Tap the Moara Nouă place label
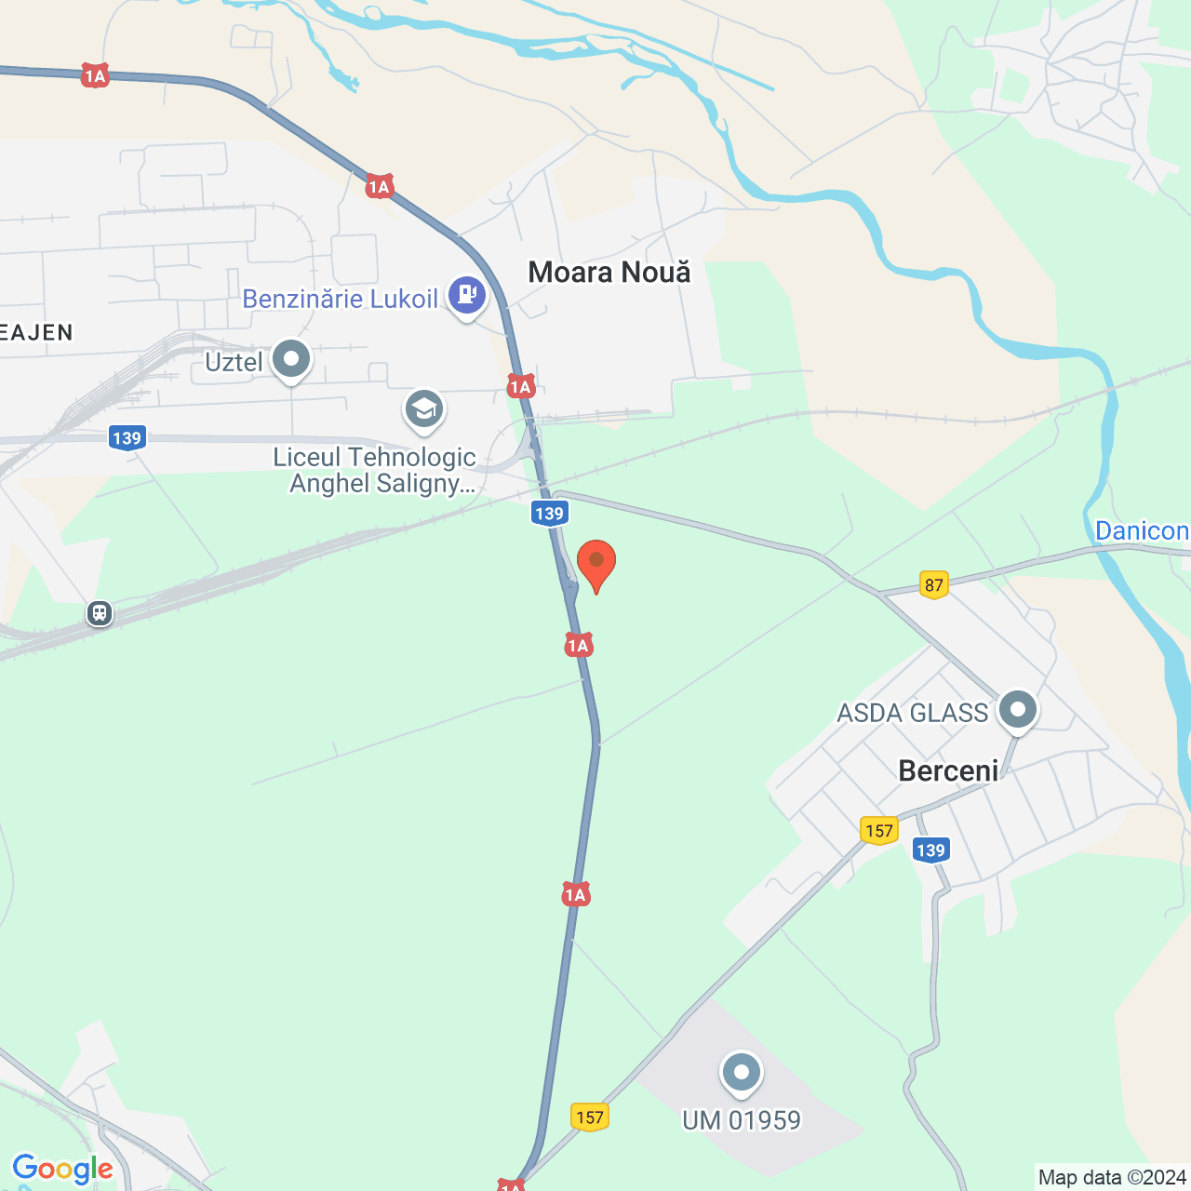pyautogui.click(x=609, y=273)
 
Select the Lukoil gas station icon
pyautogui.click(x=467, y=296)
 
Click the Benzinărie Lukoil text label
pyautogui.click(x=340, y=299)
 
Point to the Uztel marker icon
pyautogui.click(x=292, y=359)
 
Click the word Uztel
pyautogui.click(x=234, y=362)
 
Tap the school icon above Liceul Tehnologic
pyautogui.click(x=424, y=409)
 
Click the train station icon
pyautogui.click(x=100, y=613)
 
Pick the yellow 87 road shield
pyautogui.click(x=934, y=585)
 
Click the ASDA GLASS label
pyautogui.click(x=912, y=713)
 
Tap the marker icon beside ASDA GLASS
pyautogui.click(x=1018, y=711)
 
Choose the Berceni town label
pyautogui.click(x=948, y=770)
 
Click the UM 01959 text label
pyautogui.click(x=742, y=1120)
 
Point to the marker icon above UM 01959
pyautogui.click(x=742, y=1074)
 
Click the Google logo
pyautogui.click(x=63, y=1169)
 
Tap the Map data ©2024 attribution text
pyautogui.click(x=1112, y=1178)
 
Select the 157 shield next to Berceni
pyautogui.click(x=879, y=831)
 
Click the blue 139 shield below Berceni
pyautogui.click(x=930, y=850)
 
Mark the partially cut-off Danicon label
pyautogui.click(x=1142, y=531)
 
